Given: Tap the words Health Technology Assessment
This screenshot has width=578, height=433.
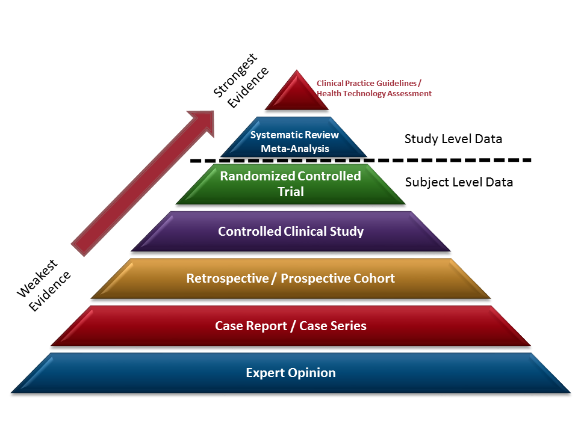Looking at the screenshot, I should pos(374,94).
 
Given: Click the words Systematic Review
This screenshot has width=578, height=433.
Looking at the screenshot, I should pos(294,135).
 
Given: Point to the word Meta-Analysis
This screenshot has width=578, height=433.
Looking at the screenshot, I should pos(294,148).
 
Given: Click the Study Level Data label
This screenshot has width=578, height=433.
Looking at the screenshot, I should pos(453,139).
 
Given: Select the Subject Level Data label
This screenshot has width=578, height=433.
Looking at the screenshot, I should pos(459,182).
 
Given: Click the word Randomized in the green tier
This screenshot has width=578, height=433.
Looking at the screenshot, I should pos(256,176).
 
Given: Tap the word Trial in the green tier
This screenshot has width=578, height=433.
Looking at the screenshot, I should pos(290,192).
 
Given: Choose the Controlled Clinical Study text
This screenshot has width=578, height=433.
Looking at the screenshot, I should pos(290,232).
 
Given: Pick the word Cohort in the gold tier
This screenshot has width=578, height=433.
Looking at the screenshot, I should pos(374,278).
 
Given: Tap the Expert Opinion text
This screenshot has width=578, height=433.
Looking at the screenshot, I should pos(290,373).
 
